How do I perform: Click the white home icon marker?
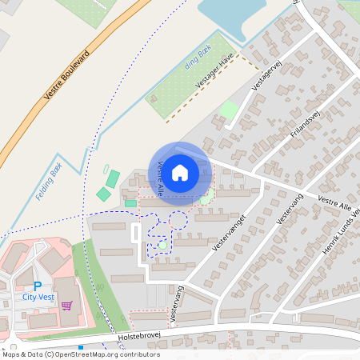click(x=180, y=173)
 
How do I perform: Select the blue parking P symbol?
click(x=37, y=286)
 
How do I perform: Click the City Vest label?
click(x=38, y=298)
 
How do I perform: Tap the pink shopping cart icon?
click(x=66, y=305)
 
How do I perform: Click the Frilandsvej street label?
click(x=305, y=125)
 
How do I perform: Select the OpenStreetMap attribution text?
click(x=80, y=354)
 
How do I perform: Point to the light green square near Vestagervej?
click(x=230, y=110)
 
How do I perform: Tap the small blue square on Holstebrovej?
click(x=81, y=347)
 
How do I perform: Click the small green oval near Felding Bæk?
click(x=106, y=168)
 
